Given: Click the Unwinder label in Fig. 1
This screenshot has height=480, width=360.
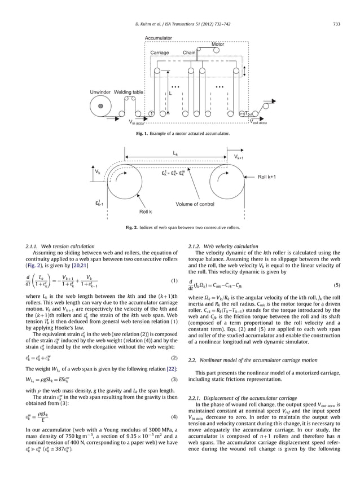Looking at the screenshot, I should (x=100, y=92).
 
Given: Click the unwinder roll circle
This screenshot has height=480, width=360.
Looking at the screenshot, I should (x=100, y=105).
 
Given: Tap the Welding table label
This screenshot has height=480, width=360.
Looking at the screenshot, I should (x=129, y=92).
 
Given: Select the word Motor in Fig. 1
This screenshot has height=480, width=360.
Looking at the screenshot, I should (x=217, y=44).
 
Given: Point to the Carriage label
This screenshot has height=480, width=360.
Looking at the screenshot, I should (x=160, y=52).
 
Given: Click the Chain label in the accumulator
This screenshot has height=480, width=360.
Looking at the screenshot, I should (x=189, y=52).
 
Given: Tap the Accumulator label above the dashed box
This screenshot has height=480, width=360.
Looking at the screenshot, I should (x=159, y=37).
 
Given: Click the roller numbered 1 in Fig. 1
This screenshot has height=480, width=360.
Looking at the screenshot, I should (x=151, y=113).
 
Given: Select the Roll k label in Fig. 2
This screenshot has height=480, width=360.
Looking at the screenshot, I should (x=146, y=212).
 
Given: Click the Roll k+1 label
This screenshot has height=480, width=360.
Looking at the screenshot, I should (x=266, y=177).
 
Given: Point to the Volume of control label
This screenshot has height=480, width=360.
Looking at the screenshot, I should (x=195, y=204).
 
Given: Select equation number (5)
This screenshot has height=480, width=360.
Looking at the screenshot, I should (x=337, y=285).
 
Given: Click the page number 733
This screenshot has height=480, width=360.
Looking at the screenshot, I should (x=336, y=23).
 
